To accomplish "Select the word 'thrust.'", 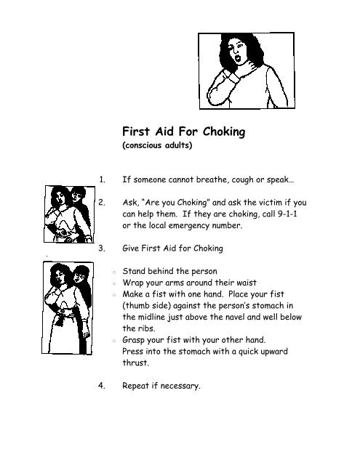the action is pos(135,367).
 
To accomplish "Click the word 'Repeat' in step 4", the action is pos(138,386).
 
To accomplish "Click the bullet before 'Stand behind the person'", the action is pos(106,269).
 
